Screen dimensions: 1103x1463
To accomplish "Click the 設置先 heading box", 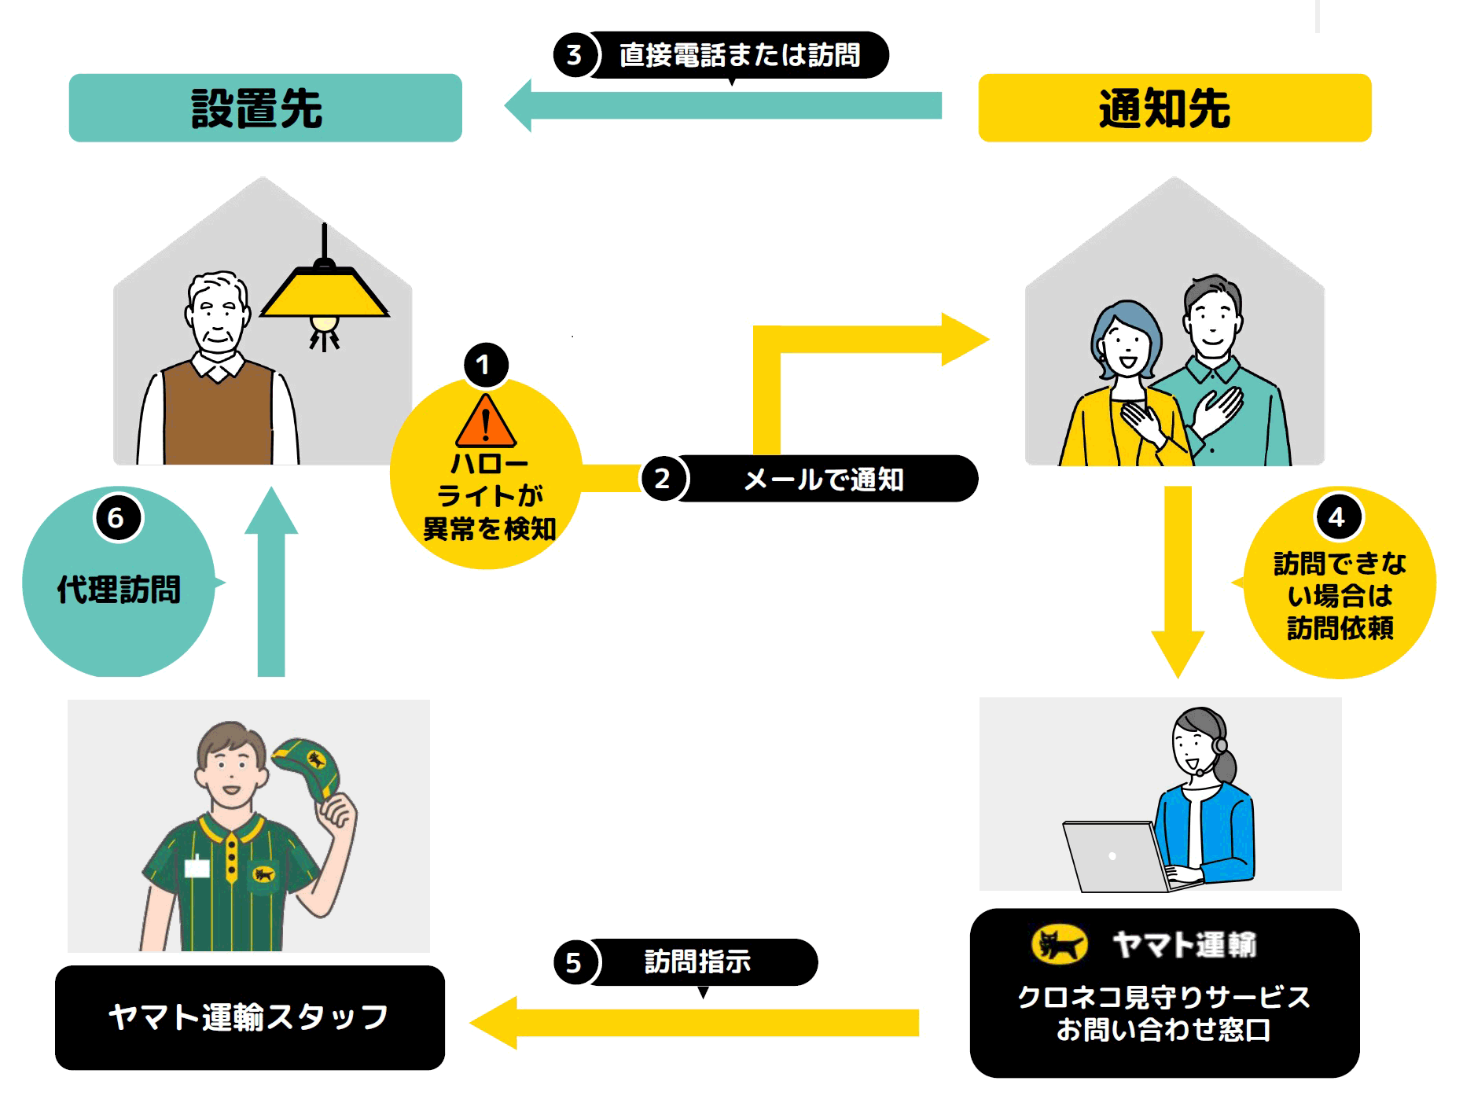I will tap(265, 108).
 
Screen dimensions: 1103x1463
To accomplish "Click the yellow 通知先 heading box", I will tap(1174, 108).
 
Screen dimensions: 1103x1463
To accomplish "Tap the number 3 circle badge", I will tap(575, 55).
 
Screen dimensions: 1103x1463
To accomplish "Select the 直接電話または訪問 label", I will tap(739, 55).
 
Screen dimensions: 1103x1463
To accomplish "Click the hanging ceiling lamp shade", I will tap(324, 292).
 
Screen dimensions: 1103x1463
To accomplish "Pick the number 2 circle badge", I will tap(663, 479).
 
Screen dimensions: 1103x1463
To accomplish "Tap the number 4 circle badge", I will tap(1336, 517).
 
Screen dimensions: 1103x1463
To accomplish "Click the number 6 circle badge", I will tap(117, 517).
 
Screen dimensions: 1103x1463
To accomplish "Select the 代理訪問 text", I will tap(119, 590).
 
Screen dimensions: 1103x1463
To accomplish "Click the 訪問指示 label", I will tap(698, 961).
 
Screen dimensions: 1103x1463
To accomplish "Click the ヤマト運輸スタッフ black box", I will tap(249, 1017).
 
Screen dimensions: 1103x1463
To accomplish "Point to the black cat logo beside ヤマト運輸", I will tap(1058, 944).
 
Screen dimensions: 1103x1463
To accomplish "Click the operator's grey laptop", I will tap(1112, 857).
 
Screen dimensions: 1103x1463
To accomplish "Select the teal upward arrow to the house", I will tap(271, 582).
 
